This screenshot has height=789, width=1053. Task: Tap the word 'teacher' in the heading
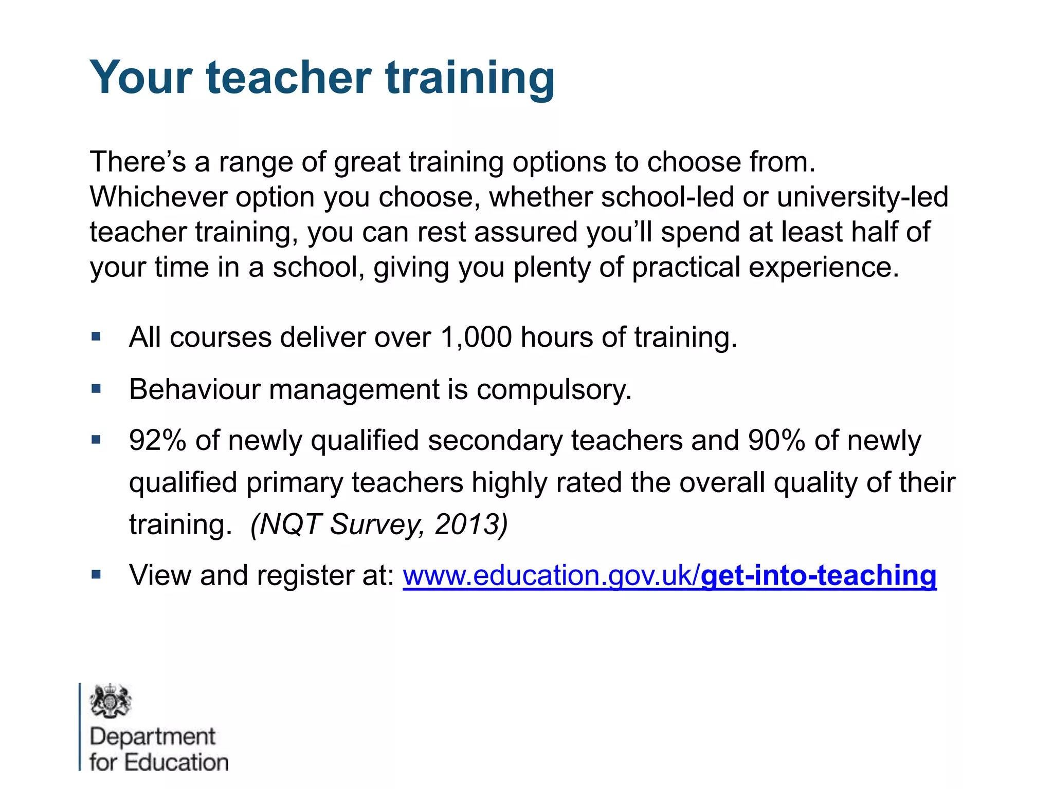(288, 78)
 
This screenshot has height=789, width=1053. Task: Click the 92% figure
(157, 441)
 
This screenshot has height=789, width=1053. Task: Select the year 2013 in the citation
(470, 524)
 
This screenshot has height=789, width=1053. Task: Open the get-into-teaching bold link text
(819, 575)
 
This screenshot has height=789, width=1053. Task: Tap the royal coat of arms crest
(111, 701)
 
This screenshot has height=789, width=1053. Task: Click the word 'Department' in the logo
(152, 737)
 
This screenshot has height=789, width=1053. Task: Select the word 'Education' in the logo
(176, 762)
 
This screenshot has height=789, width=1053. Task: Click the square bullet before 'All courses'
(96, 337)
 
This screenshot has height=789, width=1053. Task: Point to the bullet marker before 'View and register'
(96, 574)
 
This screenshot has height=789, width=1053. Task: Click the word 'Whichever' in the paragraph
(158, 197)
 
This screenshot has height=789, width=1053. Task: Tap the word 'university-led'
(862, 197)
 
